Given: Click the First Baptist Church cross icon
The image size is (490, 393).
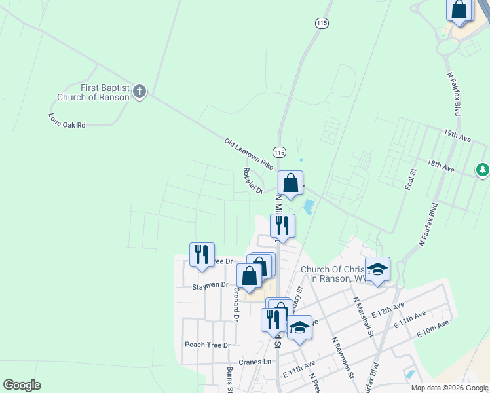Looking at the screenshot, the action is [139, 92].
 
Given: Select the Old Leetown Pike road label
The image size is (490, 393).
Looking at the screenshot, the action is [248, 155].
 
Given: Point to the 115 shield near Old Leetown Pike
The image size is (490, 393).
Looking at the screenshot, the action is [280, 152].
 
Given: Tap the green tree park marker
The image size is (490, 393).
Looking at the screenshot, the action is [483, 170].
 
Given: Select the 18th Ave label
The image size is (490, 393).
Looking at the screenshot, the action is [440, 165].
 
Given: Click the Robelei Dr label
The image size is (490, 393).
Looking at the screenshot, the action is [253, 181].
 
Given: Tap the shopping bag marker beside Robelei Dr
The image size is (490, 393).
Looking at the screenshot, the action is [290, 183].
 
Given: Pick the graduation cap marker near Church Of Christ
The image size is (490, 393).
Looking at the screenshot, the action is [377, 269].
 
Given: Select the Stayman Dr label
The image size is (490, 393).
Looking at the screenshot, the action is [210, 286].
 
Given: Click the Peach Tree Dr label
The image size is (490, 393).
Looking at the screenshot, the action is [208, 345].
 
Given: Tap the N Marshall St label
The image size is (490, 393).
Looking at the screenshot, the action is [363, 316].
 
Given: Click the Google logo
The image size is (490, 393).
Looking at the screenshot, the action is [22, 385].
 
